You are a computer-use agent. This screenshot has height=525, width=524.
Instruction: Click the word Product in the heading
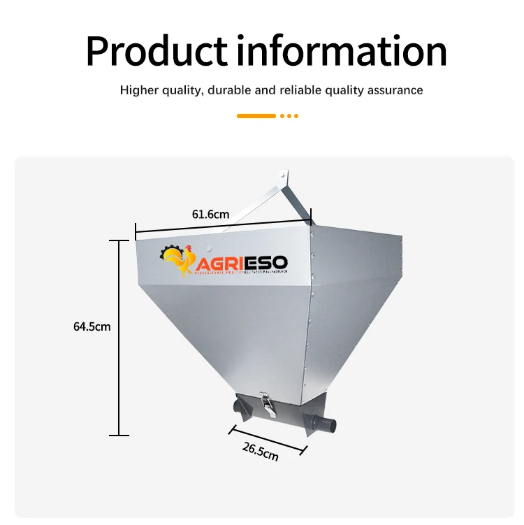157,51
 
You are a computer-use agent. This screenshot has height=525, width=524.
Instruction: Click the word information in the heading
340,51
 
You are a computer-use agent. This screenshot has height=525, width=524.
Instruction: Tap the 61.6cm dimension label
210,215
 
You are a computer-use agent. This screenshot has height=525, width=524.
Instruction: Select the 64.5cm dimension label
92,326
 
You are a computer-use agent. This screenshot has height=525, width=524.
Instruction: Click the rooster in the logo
180,263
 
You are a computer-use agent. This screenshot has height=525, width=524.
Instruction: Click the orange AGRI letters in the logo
219,264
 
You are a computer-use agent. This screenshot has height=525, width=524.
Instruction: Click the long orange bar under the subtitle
256,116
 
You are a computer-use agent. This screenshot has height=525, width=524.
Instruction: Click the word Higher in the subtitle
137,90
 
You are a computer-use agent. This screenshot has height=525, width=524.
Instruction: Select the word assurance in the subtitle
396,90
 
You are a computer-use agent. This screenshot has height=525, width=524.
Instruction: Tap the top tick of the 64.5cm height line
119,240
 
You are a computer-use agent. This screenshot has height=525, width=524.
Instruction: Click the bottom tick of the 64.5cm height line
119,435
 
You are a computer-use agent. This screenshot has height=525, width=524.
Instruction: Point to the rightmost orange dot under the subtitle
296,116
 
